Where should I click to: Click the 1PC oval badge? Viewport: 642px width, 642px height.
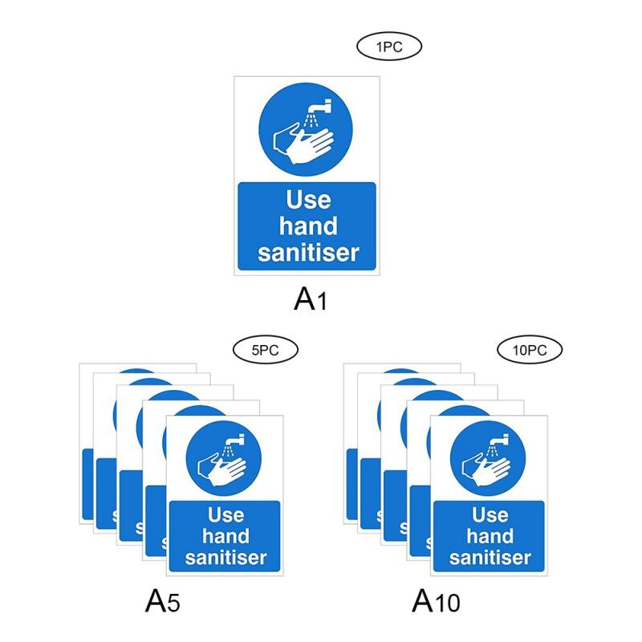coord(388,47)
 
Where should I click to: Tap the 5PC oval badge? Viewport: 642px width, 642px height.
coord(265,349)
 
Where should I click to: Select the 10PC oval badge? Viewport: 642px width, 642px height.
coord(530,349)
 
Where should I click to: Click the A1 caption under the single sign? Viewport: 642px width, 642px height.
coord(311,299)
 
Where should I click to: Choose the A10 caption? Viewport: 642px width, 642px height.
coord(437,600)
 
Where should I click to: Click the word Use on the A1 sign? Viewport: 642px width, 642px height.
coord(307,199)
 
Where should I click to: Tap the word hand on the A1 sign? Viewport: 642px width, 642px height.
coord(307,226)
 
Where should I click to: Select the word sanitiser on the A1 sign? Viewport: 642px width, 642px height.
coord(307,253)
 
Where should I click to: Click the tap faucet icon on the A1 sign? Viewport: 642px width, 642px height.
coord(320,108)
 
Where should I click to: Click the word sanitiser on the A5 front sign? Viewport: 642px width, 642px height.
coord(226,558)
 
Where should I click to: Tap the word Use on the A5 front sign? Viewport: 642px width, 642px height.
coord(226,514)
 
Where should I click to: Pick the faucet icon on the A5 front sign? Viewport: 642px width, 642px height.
coord(236,440)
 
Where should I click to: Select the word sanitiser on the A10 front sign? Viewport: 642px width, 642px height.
coord(490,558)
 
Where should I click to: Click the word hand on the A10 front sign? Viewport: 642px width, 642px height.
coord(490,536)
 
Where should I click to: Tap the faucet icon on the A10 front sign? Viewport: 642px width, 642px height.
coord(500,440)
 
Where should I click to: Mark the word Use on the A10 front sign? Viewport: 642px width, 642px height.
coord(490,514)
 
